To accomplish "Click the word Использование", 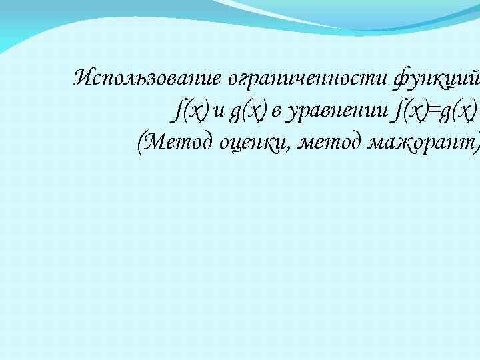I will click(x=149, y=79).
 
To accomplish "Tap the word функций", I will click(x=437, y=79).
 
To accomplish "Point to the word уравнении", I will click(x=337, y=109).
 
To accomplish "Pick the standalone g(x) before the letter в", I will click(x=247, y=109).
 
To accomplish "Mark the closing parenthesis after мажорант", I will click(x=476, y=140).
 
